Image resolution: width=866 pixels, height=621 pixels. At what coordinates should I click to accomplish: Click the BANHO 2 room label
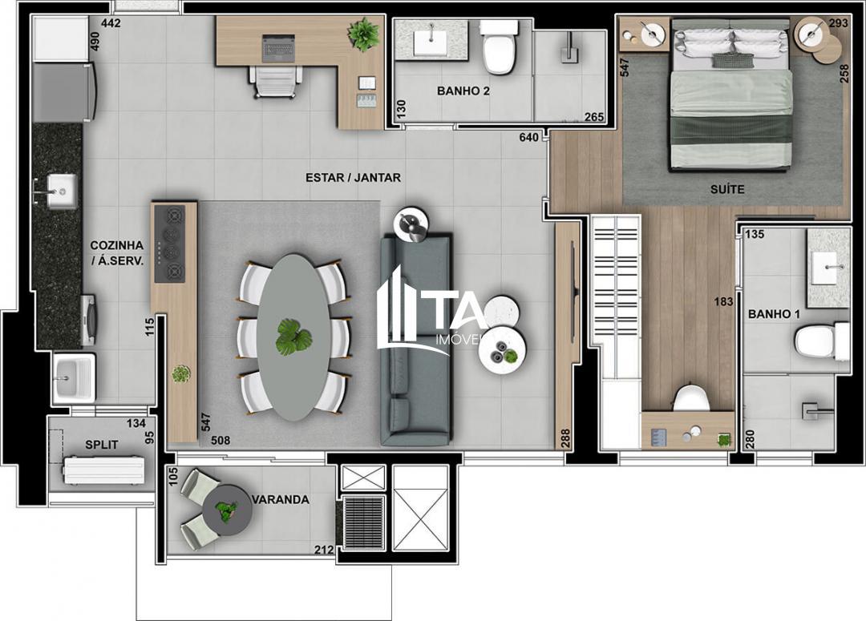[x=463, y=91]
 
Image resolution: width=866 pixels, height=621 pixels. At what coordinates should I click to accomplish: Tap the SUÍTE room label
[x=726, y=190]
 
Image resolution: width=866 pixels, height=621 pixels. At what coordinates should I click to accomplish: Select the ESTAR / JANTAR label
[x=353, y=177]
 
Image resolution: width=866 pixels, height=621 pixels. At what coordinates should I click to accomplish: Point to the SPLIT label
[x=102, y=444]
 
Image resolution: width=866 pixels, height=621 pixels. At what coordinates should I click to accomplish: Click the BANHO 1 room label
[x=774, y=314]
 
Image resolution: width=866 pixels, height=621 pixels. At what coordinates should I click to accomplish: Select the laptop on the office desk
[x=278, y=47]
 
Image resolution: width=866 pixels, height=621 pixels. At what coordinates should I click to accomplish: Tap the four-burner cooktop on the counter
[x=169, y=244]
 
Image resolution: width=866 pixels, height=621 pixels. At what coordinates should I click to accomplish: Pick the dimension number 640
[x=529, y=137]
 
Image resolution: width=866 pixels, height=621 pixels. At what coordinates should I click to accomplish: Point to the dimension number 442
[x=111, y=23]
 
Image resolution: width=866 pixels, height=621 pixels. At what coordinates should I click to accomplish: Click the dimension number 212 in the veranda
[x=323, y=550]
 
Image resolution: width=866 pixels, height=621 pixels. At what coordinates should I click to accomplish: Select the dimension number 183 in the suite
[x=725, y=302]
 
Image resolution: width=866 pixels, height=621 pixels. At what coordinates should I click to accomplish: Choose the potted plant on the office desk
[x=363, y=34]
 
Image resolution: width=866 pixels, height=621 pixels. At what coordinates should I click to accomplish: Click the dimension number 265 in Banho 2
[x=594, y=117]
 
